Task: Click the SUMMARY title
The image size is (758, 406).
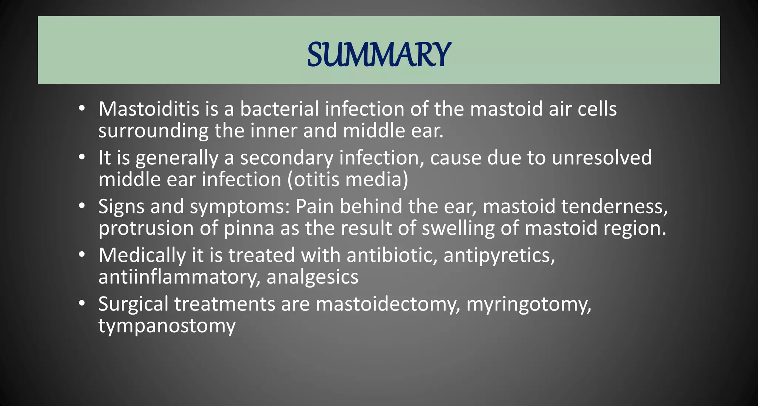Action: coord(379,54)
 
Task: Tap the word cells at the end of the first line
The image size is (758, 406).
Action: coord(597,109)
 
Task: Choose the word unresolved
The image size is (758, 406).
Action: coord(601,158)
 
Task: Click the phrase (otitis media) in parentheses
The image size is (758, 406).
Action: coord(348,180)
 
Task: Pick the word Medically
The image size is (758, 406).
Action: coord(142,255)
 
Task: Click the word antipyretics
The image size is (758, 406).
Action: coord(499,256)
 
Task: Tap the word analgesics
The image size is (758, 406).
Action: coord(312,278)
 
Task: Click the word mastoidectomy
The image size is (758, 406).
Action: coord(388,305)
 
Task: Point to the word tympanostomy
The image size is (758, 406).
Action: coord(167,326)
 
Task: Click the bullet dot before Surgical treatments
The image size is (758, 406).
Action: coord(82,304)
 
